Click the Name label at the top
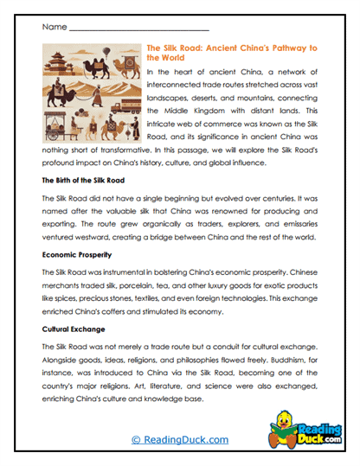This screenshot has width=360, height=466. [x=53, y=29]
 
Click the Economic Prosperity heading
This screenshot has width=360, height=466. [x=80, y=256]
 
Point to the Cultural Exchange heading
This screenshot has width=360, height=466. [x=76, y=330]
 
